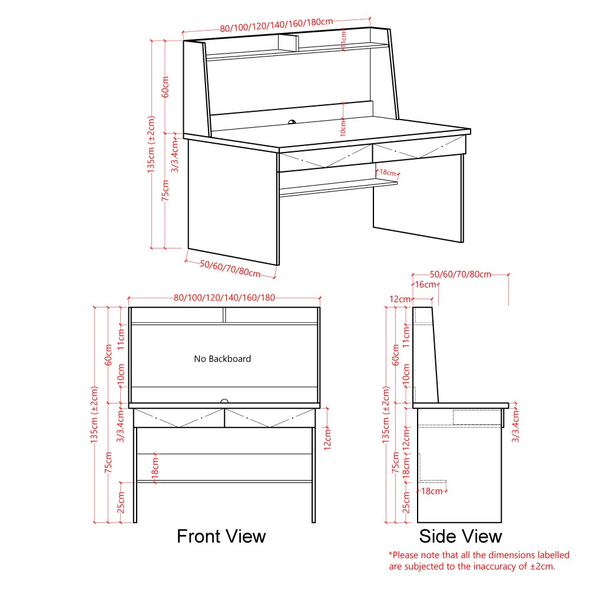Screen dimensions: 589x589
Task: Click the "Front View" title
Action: [x=221, y=537]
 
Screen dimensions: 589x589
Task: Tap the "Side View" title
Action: [x=460, y=537]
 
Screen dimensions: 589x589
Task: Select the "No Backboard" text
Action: [x=223, y=359]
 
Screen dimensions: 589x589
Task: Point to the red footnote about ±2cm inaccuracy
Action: [x=478, y=561]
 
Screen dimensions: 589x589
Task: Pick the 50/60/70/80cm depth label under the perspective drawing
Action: [x=230, y=267]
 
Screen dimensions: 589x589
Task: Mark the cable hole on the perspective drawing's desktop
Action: [x=292, y=123]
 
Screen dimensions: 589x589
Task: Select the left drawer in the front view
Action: [x=179, y=418]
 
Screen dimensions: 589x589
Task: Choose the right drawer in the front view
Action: [x=269, y=418]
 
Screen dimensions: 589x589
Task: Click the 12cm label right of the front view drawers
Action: [x=328, y=439]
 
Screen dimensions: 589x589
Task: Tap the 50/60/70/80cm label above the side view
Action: [x=460, y=274]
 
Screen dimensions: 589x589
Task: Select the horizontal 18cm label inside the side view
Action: [x=432, y=491]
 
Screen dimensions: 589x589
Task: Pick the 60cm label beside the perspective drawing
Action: [x=166, y=87]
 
